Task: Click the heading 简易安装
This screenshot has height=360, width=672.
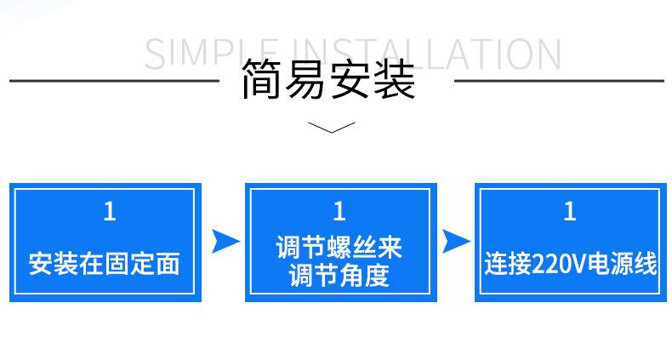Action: (x=328, y=80)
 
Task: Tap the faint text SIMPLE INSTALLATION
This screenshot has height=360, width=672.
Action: (x=353, y=54)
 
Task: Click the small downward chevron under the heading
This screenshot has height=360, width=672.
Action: (x=331, y=128)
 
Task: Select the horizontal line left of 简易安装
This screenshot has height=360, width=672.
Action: (x=114, y=81)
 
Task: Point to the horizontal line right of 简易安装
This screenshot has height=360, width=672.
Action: (x=559, y=81)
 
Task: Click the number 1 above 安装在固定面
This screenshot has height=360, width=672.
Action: (x=110, y=211)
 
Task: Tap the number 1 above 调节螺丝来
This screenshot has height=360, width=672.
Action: (x=339, y=211)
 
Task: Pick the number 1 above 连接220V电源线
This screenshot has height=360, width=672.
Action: (x=570, y=211)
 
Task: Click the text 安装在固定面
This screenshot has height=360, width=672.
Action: (x=104, y=263)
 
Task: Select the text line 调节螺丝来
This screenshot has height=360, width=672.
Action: (x=339, y=248)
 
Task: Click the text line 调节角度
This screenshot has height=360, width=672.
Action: (x=339, y=275)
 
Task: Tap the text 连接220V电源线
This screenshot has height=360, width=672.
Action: (x=571, y=263)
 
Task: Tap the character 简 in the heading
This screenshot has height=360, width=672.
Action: (x=262, y=80)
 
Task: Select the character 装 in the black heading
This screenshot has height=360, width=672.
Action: (x=395, y=80)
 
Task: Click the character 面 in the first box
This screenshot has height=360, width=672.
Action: (x=168, y=263)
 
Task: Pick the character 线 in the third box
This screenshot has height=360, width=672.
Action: (x=645, y=263)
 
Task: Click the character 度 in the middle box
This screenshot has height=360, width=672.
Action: (x=377, y=275)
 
